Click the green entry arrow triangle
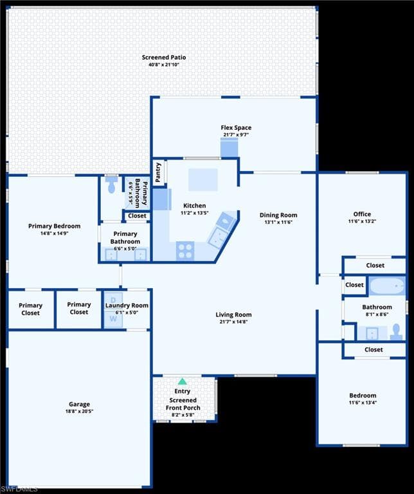(183, 381)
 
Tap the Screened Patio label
(164, 57)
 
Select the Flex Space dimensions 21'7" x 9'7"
(236, 135)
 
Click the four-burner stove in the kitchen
(184, 251)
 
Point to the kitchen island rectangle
(203, 179)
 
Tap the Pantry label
(158, 172)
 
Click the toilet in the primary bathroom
(111, 185)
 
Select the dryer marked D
(113, 300)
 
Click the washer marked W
(113, 319)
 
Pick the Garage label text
(79, 404)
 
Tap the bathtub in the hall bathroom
(387, 286)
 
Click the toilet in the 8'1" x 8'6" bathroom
(396, 333)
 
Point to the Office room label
(362, 214)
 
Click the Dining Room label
(278, 215)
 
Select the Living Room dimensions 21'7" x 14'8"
(233, 322)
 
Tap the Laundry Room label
(127, 306)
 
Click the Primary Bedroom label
(54, 226)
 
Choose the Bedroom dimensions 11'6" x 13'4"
(363, 402)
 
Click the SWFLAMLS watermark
(19, 489)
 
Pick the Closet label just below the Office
(375, 265)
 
